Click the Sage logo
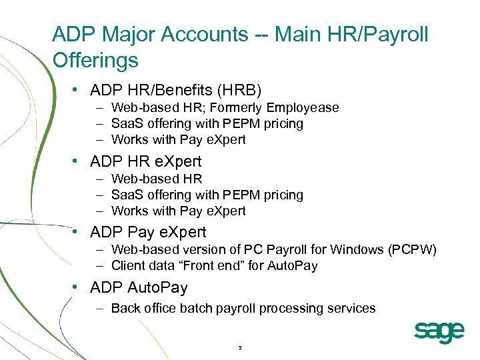439,331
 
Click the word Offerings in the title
95,61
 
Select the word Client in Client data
127,266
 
